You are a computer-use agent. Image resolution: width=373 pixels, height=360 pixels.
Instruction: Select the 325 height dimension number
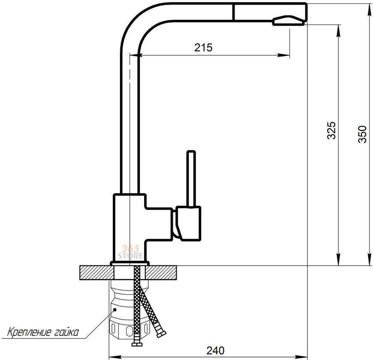[331, 130]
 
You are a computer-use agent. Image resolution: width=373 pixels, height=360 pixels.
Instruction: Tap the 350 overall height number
[362, 134]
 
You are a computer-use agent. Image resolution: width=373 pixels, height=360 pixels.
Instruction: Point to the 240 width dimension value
[215, 350]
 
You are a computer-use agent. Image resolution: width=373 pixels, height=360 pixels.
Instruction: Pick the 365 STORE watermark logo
[131, 252]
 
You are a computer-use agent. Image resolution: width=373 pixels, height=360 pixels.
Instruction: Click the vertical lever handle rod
[191, 178]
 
